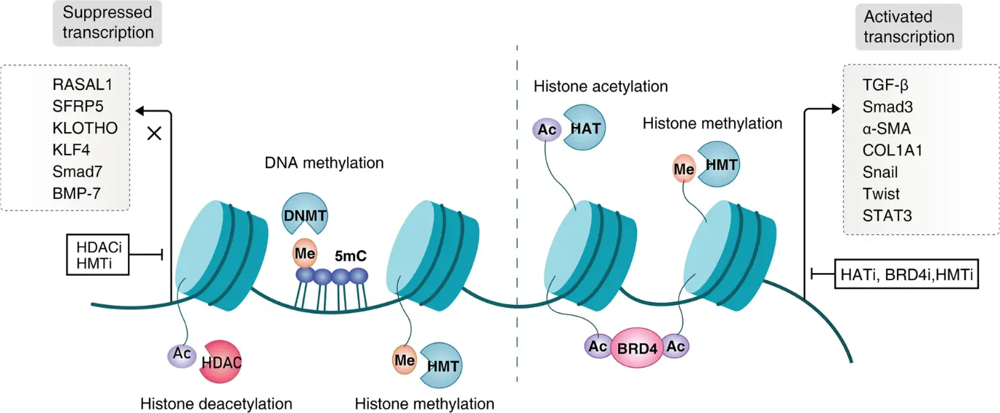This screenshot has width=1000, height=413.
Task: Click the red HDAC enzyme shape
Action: [x=222, y=361]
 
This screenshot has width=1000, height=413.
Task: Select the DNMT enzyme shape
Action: [x=304, y=216]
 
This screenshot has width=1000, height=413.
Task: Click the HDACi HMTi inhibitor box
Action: [x=98, y=254]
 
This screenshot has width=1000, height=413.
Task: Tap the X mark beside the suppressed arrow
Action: [x=154, y=134]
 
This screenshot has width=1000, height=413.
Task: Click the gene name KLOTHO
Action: [x=85, y=128]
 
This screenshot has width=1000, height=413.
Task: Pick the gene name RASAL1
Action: [x=83, y=85]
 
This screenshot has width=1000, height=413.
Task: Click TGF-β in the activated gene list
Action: [x=880, y=85]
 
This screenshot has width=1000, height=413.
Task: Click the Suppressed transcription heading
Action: [x=108, y=23]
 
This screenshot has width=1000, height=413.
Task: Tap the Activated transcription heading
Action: [x=908, y=26]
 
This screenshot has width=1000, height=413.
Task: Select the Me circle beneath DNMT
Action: [x=304, y=253]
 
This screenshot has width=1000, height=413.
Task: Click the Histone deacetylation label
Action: [x=216, y=403]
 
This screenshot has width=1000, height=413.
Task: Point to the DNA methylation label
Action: [x=324, y=163]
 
